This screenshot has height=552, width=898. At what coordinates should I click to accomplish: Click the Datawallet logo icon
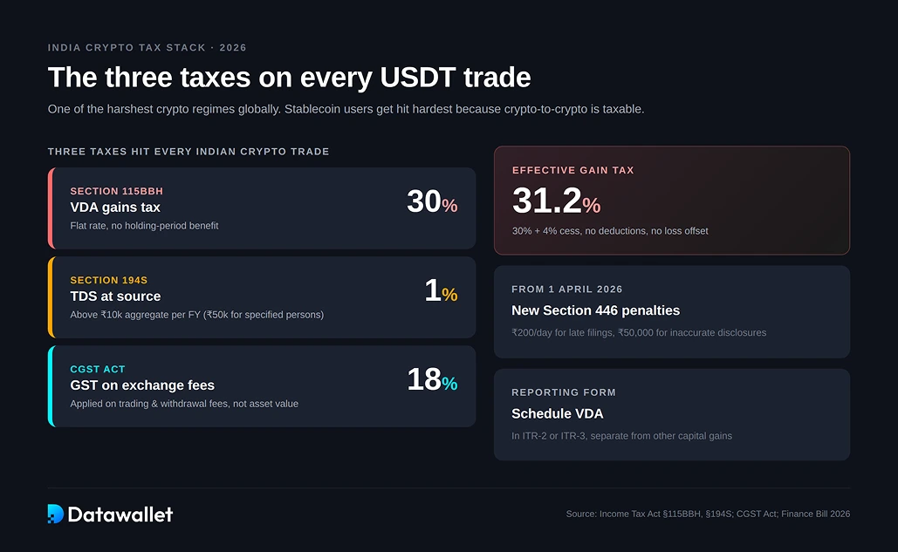coord(56,514)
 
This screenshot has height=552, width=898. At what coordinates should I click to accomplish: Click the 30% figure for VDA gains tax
coord(431,202)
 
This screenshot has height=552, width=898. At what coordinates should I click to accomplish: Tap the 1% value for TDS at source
coord(441,291)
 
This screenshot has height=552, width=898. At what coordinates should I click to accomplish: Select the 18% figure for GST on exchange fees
coord(431,380)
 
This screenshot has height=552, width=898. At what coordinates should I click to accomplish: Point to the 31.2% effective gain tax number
coord(556,201)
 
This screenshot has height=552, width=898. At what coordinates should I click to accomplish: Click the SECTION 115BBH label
coord(116,191)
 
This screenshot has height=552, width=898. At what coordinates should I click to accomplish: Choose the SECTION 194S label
coord(109,280)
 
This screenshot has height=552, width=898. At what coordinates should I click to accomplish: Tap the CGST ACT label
coord(98,369)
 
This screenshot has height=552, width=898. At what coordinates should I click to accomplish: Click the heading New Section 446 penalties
coord(595,310)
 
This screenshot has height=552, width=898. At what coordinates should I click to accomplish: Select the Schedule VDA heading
coord(557,413)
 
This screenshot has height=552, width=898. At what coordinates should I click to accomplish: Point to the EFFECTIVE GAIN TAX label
coord(572,170)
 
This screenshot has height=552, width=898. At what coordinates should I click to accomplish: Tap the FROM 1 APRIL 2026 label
coord(567,289)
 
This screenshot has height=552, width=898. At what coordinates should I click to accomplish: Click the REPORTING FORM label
coord(564,392)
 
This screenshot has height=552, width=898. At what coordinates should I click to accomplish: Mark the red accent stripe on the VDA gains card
coord(51,208)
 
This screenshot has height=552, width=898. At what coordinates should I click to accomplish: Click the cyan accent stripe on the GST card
coord(51,386)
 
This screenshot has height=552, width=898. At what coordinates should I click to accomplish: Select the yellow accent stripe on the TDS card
coord(51,297)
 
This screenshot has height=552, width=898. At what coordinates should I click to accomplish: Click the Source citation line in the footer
coord(708,514)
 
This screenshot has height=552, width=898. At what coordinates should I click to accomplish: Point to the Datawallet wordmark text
coord(120,515)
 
